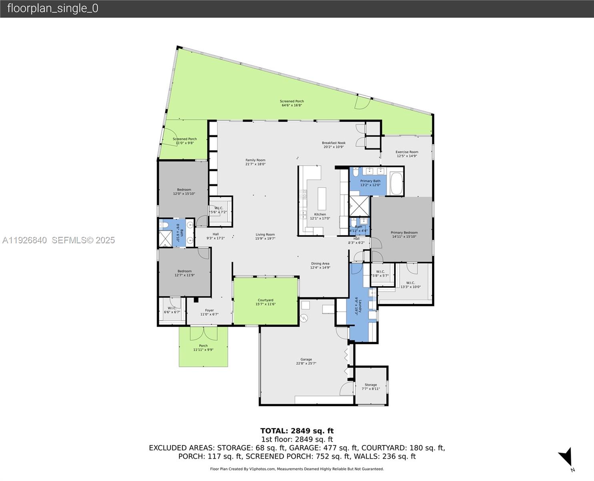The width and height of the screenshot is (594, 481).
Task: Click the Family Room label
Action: [x=255, y=160]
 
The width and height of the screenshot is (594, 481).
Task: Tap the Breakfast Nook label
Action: [x=333, y=143]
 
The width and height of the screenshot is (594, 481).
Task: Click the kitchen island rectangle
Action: [x=322, y=198]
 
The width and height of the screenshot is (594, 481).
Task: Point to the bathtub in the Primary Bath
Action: [x=396, y=184]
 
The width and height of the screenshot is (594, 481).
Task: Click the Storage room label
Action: [x=371, y=385]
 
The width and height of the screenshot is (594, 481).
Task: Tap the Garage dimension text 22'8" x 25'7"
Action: [x=306, y=364]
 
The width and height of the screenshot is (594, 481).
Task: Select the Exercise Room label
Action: [x=407, y=152]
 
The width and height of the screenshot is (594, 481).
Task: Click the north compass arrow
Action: [x=566, y=457]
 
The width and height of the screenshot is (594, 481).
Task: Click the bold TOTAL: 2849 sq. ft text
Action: [x=297, y=431]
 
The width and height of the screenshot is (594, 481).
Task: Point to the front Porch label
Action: [x=203, y=346]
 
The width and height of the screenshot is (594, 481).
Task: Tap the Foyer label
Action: [x=209, y=310]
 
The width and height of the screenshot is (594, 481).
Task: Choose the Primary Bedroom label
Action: [x=404, y=232]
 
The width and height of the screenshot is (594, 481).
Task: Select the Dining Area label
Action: [x=320, y=264]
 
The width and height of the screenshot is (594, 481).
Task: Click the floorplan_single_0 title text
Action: [x=52, y=8]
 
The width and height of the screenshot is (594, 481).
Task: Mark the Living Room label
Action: [x=265, y=235]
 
